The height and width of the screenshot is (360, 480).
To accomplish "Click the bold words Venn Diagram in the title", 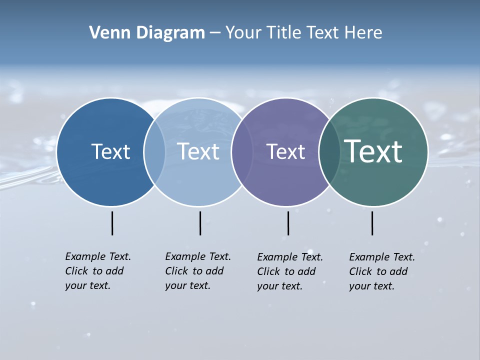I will [x=147, y=33].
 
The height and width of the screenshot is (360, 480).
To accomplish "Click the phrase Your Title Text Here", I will [x=303, y=33].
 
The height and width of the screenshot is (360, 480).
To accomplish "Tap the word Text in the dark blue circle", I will [x=110, y=151].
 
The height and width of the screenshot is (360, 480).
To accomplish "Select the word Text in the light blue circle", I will [x=198, y=151].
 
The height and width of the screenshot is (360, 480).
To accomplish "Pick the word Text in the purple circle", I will [x=285, y=151].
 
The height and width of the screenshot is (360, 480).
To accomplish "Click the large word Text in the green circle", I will [x=373, y=151].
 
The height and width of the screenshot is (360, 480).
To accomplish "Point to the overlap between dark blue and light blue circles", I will [x=154, y=152].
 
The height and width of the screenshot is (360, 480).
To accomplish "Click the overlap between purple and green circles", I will [x=329, y=152].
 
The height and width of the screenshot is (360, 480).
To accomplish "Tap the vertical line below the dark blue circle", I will [x=112, y=223].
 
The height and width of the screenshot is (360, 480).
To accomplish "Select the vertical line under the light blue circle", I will [x=200, y=223].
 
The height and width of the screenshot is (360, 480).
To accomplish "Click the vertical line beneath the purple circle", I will [x=288, y=223].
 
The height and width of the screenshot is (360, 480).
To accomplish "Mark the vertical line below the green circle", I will [x=372, y=223].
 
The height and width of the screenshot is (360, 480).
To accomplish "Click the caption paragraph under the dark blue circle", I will [x=98, y=271].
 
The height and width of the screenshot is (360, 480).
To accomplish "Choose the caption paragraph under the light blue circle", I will [x=198, y=271].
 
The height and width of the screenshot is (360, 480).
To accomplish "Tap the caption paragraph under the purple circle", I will [x=290, y=271].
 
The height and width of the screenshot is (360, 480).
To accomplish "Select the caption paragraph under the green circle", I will [x=382, y=271].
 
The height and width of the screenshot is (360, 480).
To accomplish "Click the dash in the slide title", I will [x=215, y=33].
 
